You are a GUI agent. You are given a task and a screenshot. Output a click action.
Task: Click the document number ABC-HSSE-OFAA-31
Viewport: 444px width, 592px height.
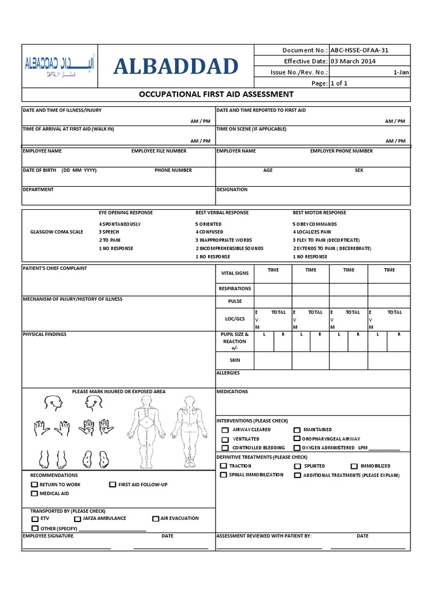pos(359,50)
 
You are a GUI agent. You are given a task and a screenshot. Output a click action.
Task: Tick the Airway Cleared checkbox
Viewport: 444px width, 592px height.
pos(225,430)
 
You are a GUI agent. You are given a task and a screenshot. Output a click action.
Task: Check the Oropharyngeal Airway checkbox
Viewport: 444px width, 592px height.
pos(297,439)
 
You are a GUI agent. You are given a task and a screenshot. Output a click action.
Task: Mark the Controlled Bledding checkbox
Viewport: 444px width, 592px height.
pos(225,448)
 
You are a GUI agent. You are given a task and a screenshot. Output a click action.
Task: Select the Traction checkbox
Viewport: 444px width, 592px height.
pos(223,466)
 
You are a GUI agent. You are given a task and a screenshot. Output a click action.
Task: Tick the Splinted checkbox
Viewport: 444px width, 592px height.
pos(297,466)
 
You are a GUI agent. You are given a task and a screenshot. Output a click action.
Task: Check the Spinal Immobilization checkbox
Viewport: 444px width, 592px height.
pos(223,475)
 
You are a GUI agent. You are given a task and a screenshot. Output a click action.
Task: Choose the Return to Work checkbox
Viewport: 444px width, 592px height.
pos(35,484)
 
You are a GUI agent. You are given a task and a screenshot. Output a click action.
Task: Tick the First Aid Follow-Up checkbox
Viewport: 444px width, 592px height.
pos(113,484)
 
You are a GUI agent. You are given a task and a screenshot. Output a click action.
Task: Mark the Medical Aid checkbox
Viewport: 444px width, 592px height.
pos(35,494)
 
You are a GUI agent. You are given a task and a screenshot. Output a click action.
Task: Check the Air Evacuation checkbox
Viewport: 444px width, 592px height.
pos(156,519)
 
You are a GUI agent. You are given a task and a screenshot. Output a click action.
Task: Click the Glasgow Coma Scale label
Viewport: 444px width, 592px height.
pos(57,232)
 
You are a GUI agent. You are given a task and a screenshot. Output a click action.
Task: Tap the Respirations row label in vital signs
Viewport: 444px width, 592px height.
pos(235,288)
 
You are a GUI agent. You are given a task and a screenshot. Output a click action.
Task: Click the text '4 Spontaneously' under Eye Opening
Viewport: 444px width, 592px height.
pos(120,224)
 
